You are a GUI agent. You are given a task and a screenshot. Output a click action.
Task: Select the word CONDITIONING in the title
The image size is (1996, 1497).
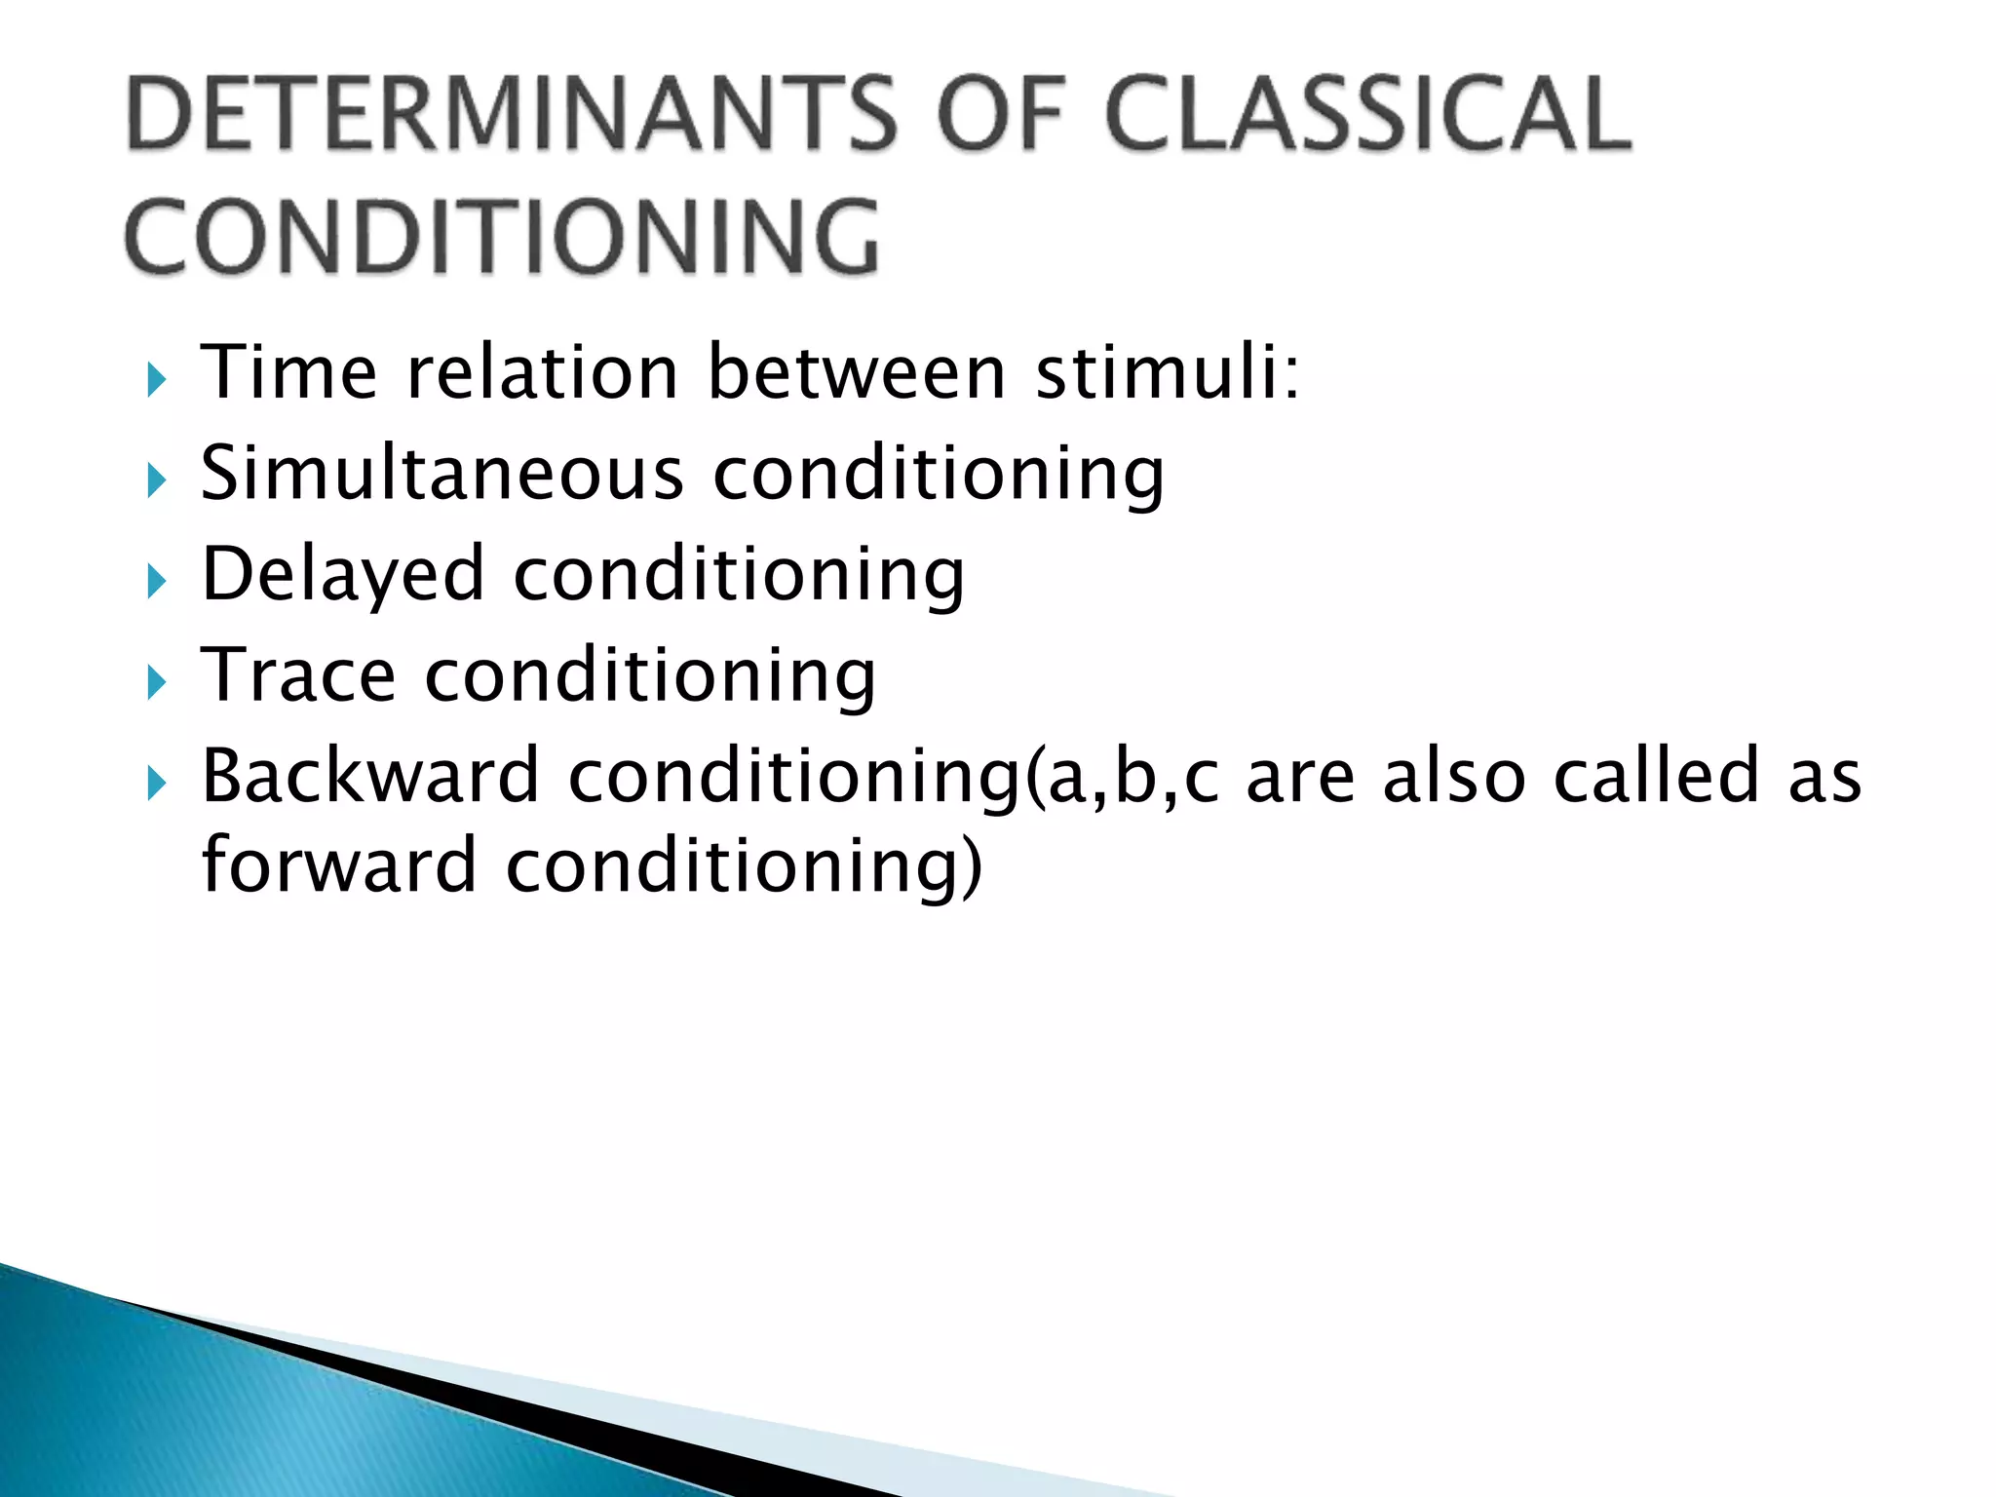pyautogui.click(x=502, y=237)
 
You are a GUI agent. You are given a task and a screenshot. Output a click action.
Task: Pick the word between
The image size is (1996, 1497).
pyautogui.click(x=857, y=372)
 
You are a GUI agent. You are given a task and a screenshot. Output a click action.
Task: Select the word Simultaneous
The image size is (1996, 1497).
pyautogui.click(x=442, y=473)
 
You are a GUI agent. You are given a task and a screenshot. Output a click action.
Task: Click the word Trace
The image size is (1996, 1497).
pyautogui.click(x=298, y=674)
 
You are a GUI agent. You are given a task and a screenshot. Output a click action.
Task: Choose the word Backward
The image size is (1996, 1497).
pyautogui.click(x=370, y=776)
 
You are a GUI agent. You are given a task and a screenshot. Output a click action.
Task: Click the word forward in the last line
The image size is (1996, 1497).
pyautogui.click(x=339, y=865)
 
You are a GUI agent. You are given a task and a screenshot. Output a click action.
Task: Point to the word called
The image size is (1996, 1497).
pyautogui.click(x=1656, y=776)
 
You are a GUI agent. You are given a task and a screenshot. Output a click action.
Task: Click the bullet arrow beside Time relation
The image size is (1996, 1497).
pyautogui.click(x=157, y=380)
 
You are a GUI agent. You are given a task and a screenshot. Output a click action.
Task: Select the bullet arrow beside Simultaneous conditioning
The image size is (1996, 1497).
pyautogui.click(x=157, y=480)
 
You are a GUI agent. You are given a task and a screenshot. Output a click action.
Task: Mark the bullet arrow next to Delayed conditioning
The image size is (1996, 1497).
pyautogui.click(x=157, y=582)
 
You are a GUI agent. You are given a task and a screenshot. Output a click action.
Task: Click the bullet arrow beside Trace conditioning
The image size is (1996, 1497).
pyautogui.click(x=157, y=682)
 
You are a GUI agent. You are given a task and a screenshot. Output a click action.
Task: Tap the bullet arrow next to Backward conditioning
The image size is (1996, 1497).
pyautogui.click(x=157, y=784)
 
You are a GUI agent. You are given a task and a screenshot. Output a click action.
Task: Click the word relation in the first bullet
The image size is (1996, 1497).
pyautogui.click(x=542, y=372)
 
